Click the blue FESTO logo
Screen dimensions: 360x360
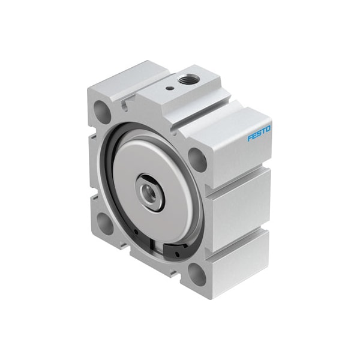click(x=259, y=133)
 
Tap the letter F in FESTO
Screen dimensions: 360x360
click(x=250, y=137)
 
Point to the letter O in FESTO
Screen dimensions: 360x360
click(x=268, y=128)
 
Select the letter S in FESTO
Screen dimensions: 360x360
click(x=259, y=133)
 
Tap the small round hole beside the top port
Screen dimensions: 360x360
click(x=171, y=88)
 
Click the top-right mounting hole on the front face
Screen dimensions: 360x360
click(x=197, y=159)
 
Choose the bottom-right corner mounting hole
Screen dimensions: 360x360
click(x=196, y=274)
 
